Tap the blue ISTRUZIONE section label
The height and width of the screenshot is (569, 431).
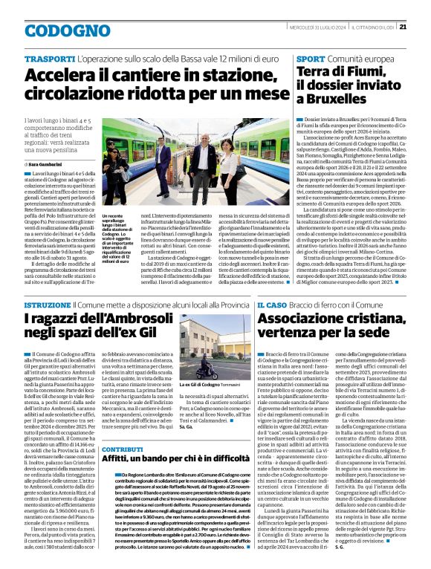coord(48,305)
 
